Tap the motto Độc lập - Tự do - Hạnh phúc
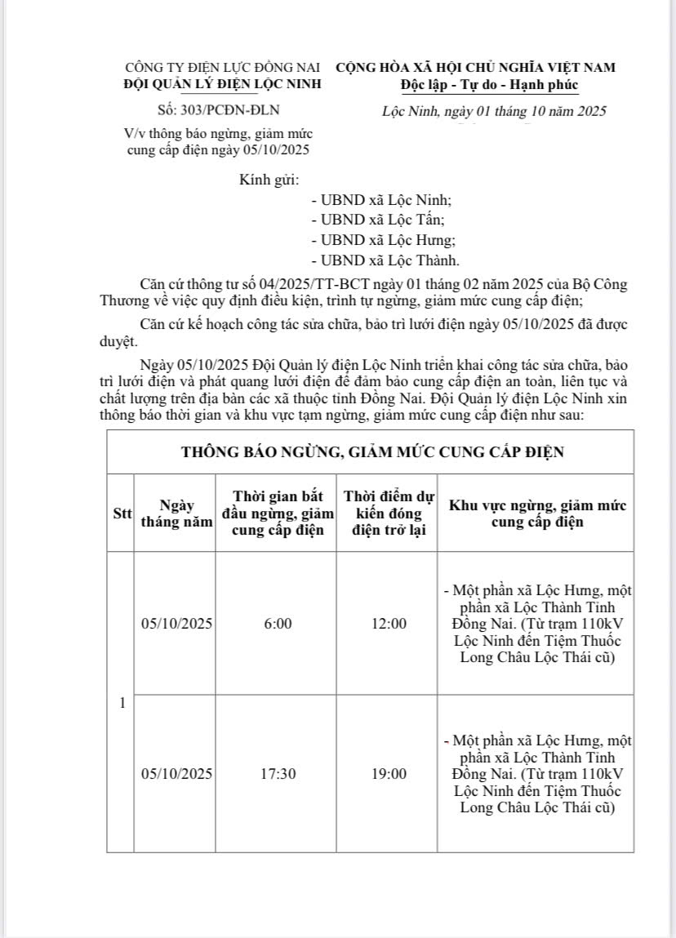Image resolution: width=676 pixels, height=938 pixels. [x=489, y=85]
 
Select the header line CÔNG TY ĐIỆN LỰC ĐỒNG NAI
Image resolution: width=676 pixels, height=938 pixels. [x=222, y=67]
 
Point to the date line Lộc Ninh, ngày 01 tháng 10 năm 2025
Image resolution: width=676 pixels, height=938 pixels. [x=494, y=111]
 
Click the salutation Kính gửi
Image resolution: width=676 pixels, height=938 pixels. [x=269, y=180]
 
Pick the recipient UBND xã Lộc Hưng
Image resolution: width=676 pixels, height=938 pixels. [x=383, y=240]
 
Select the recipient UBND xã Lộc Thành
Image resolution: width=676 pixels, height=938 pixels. [x=385, y=260]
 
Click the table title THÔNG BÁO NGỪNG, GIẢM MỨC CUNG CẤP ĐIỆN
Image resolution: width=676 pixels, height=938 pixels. [x=372, y=451]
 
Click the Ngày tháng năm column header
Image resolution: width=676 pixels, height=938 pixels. [x=176, y=513]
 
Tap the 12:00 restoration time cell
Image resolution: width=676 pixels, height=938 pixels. [x=389, y=624]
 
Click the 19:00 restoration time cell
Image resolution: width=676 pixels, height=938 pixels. [x=389, y=773]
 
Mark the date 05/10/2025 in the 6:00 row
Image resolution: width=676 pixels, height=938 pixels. [x=176, y=624]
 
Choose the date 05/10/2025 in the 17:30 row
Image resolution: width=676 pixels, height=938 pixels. [x=176, y=773]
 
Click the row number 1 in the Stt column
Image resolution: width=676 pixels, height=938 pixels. [x=122, y=703]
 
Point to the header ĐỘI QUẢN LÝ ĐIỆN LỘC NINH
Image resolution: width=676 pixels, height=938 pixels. [x=222, y=83]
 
